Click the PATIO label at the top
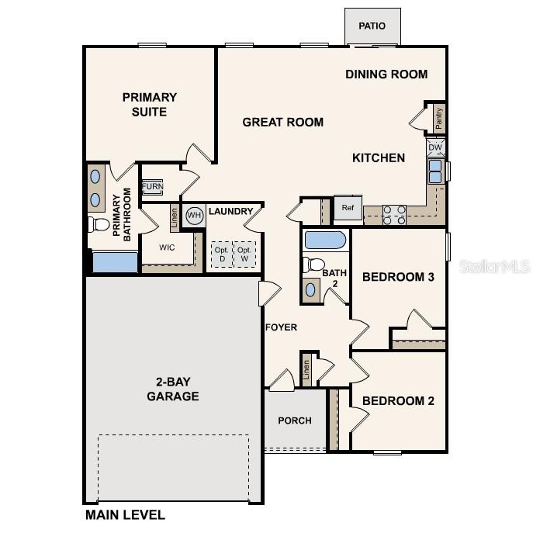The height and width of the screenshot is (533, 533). point(372,26)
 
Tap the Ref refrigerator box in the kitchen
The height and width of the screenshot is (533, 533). point(347,208)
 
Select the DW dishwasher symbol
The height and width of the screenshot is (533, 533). point(435,147)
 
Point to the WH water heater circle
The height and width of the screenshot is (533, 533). point(194,215)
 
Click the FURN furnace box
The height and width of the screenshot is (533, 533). point(152,188)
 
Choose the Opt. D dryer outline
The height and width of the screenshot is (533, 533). point(221,254)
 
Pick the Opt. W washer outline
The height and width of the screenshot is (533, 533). point(244,254)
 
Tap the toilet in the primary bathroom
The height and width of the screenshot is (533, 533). point(99,225)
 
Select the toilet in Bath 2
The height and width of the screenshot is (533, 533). point(312,265)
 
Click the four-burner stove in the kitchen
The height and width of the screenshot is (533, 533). point(394,214)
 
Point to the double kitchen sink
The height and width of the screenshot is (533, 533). point(435,171)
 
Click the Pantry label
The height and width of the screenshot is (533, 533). point(439,119)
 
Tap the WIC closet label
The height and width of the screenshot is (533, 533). point(167,248)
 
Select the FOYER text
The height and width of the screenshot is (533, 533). point(281,327)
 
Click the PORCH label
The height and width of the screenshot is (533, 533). point(294,421)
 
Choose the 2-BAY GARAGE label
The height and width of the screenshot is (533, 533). point(172,389)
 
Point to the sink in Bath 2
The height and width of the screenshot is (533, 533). point(311,289)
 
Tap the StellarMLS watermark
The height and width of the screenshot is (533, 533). point(494,266)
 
